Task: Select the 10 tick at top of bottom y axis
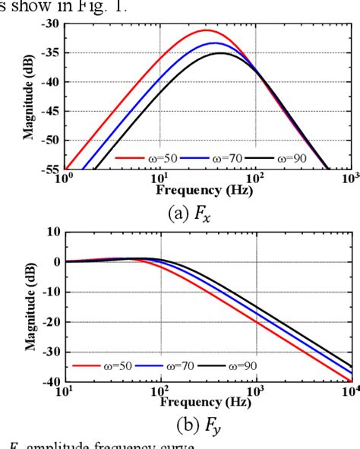[51, 231]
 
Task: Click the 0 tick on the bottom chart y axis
[54, 261]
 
